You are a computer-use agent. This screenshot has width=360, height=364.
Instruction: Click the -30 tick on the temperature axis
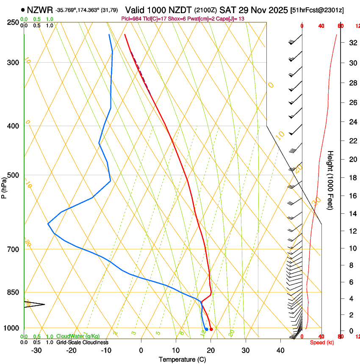click(x=36, y=350)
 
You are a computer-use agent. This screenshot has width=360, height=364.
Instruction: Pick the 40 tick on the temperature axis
click(x=280, y=350)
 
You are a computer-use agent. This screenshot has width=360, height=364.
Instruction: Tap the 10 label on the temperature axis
click(x=176, y=350)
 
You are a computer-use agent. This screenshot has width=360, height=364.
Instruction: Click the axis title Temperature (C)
click(x=182, y=359)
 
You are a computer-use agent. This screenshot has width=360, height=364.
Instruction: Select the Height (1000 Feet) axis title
click(x=330, y=180)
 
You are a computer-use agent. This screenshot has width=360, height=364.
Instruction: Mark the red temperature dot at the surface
click(x=211, y=329)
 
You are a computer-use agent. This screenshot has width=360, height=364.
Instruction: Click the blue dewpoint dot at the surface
click(x=206, y=329)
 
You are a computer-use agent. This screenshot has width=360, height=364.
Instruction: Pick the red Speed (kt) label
click(x=321, y=342)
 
